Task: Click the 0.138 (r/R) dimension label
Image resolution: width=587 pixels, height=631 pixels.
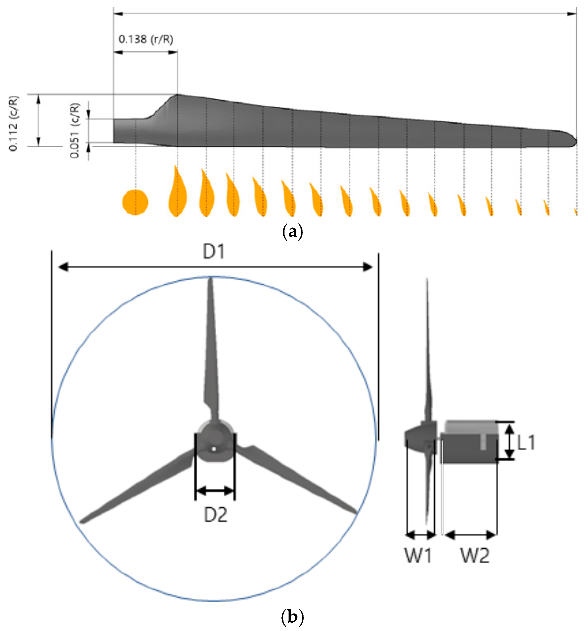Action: [x=146, y=39]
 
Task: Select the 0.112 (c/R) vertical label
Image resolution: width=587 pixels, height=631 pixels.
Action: [x=14, y=123]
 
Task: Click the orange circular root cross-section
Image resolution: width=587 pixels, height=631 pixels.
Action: [x=135, y=202]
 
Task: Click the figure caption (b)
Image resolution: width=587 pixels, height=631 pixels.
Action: [x=292, y=617]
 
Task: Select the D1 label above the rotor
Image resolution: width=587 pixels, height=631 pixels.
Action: [x=213, y=252]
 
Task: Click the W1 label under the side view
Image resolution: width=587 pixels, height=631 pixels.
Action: [x=418, y=556]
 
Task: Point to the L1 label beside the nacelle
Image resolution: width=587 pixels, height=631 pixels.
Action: [x=526, y=442]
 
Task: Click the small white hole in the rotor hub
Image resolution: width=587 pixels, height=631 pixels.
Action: [x=214, y=449]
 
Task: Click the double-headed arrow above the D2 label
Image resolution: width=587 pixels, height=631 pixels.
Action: [x=215, y=491]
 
